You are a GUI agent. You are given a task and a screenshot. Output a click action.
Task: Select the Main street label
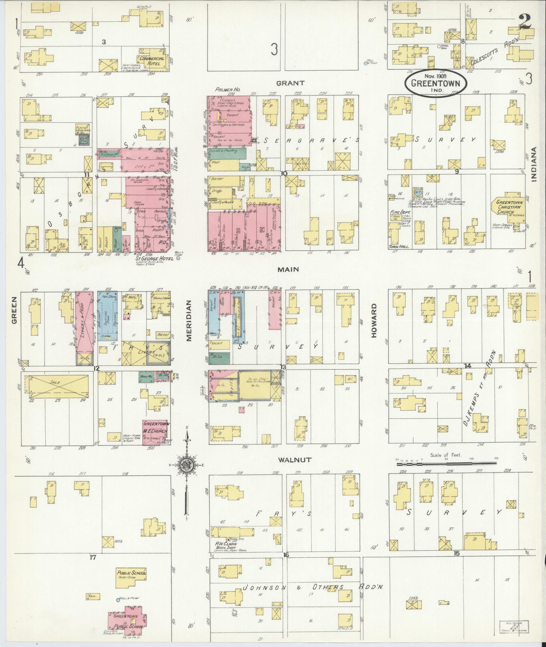tap(288, 269)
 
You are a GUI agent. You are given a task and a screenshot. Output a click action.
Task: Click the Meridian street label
tap(189, 321)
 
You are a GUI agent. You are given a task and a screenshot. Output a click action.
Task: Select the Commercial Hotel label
tap(152, 61)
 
